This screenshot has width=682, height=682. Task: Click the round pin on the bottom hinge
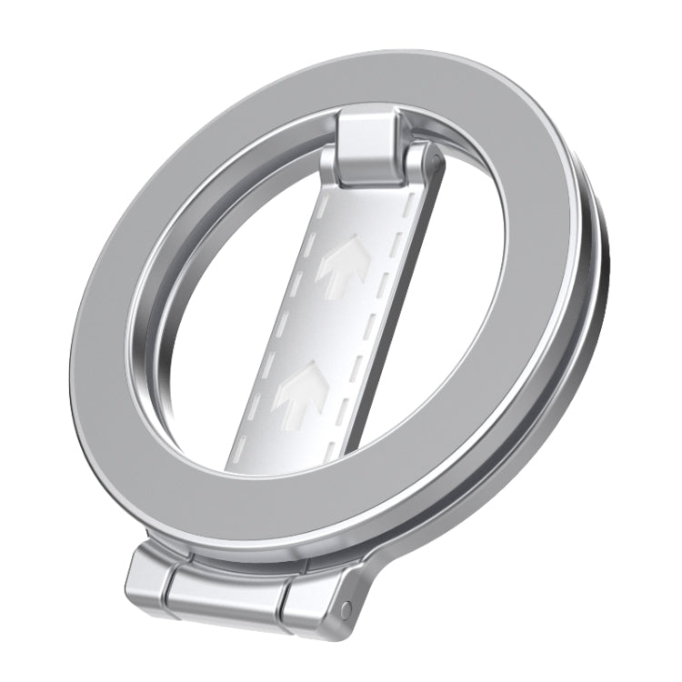(346, 608)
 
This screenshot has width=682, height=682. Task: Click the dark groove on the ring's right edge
(596, 300)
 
